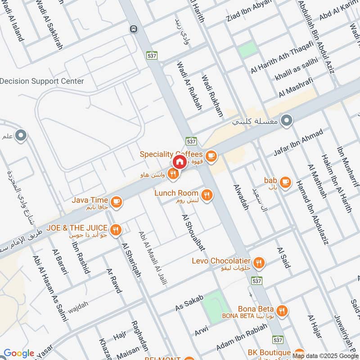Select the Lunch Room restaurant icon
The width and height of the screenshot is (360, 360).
click(x=207, y=195)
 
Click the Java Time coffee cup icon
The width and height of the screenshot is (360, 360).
click(x=117, y=202)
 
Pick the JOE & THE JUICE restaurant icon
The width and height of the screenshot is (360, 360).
click(x=116, y=229)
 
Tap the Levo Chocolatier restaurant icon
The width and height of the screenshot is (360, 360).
click(x=259, y=263)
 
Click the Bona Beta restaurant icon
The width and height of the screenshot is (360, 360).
click(x=282, y=310)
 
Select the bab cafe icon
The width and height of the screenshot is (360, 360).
click(x=284, y=182)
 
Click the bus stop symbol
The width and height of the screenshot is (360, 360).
click(x=133, y=29)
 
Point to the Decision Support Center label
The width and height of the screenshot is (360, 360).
click(x=42, y=81)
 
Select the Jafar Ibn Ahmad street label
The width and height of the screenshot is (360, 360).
click(x=298, y=143)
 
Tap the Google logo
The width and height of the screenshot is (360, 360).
click(x=19, y=353)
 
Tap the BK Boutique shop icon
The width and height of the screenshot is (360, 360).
click(x=300, y=353)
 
